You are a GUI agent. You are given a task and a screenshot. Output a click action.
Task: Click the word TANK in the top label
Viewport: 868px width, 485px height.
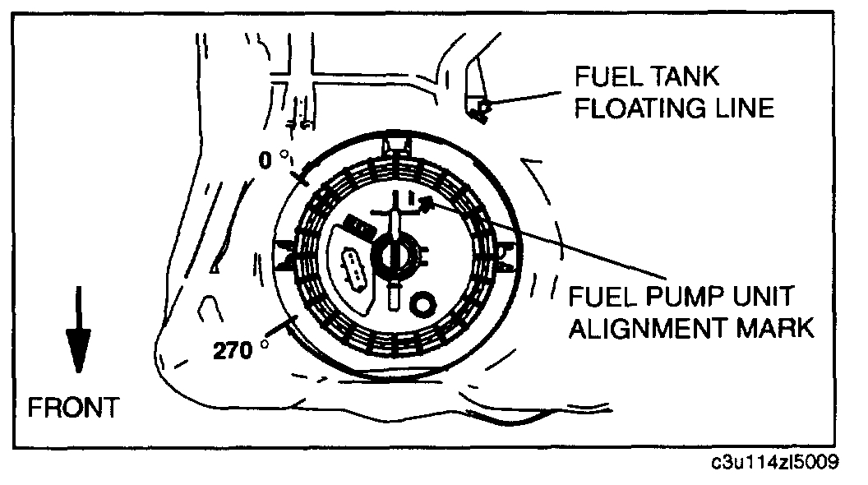(x=683, y=78)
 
